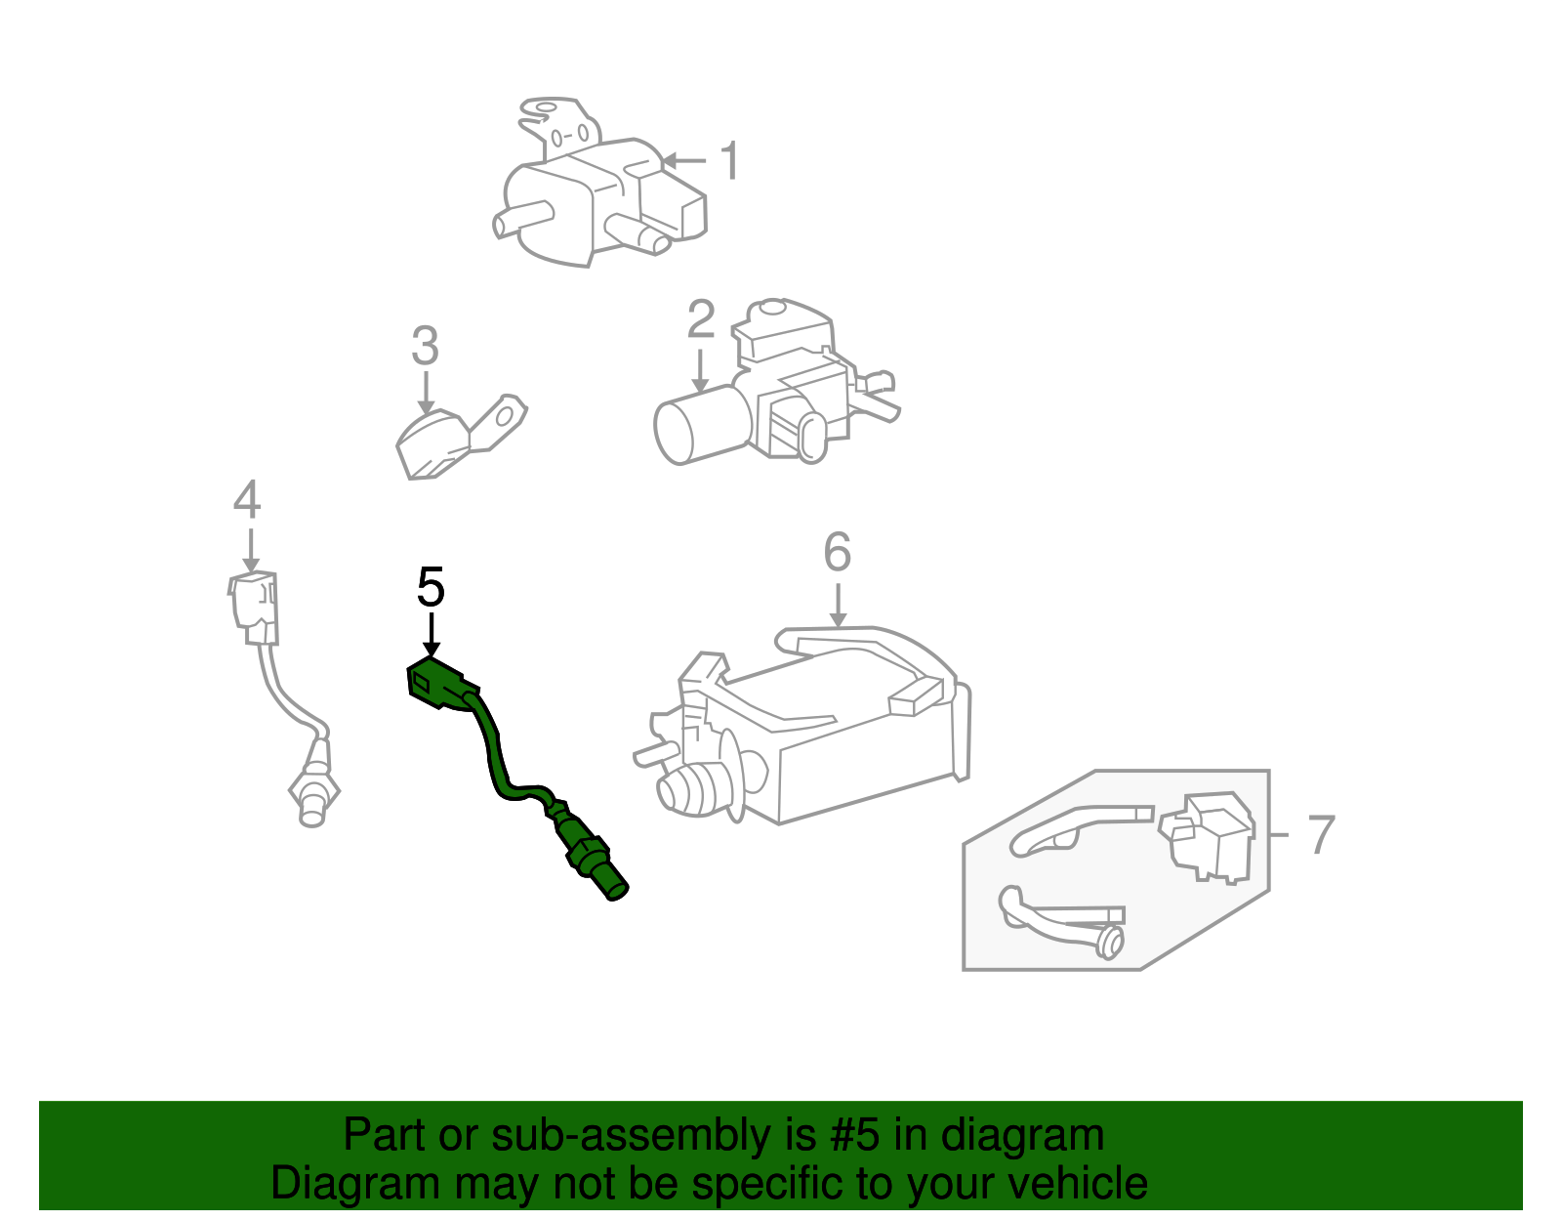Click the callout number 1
click(729, 161)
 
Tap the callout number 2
click(700, 321)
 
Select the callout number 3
click(425, 346)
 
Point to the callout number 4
click(247, 500)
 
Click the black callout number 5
click(431, 588)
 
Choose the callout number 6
click(837, 553)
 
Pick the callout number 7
click(1320, 835)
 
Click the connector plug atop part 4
click(255, 606)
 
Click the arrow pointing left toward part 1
click(683, 160)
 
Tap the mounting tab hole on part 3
click(504, 418)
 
